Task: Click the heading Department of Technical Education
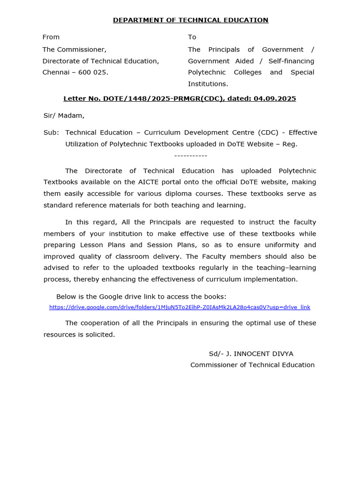[190, 20]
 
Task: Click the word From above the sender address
[51, 37]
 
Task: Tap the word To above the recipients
[192, 37]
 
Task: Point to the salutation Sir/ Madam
[64, 115]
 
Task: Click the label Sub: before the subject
[51, 133]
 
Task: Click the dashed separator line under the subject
[190, 156]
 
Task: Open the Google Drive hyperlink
[180, 307]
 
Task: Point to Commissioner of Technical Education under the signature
[252, 365]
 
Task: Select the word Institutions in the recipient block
[207, 84]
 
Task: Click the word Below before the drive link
[66, 297]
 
